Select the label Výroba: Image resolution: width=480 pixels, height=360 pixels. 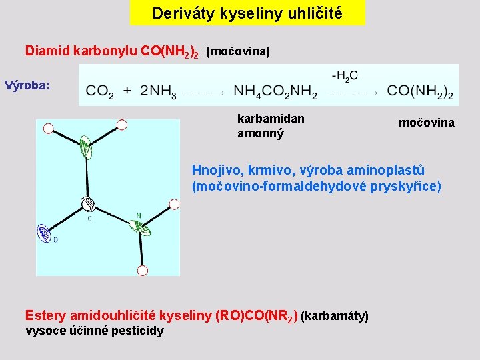(x=27, y=85)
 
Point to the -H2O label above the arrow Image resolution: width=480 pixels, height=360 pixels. (x=344, y=76)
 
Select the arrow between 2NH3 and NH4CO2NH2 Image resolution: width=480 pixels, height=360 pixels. (x=204, y=93)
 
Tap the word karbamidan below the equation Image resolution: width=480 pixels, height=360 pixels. (x=271, y=119)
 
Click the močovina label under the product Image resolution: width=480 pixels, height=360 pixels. (x=427, y=123)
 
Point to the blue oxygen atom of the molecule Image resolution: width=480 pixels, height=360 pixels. (x=44, y=233)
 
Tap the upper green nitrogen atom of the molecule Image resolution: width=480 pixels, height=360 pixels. (x=85, y=145)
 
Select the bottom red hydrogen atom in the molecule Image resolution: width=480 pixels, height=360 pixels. (x=142, y=271)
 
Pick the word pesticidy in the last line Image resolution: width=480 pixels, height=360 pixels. (x=137, y=331)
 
